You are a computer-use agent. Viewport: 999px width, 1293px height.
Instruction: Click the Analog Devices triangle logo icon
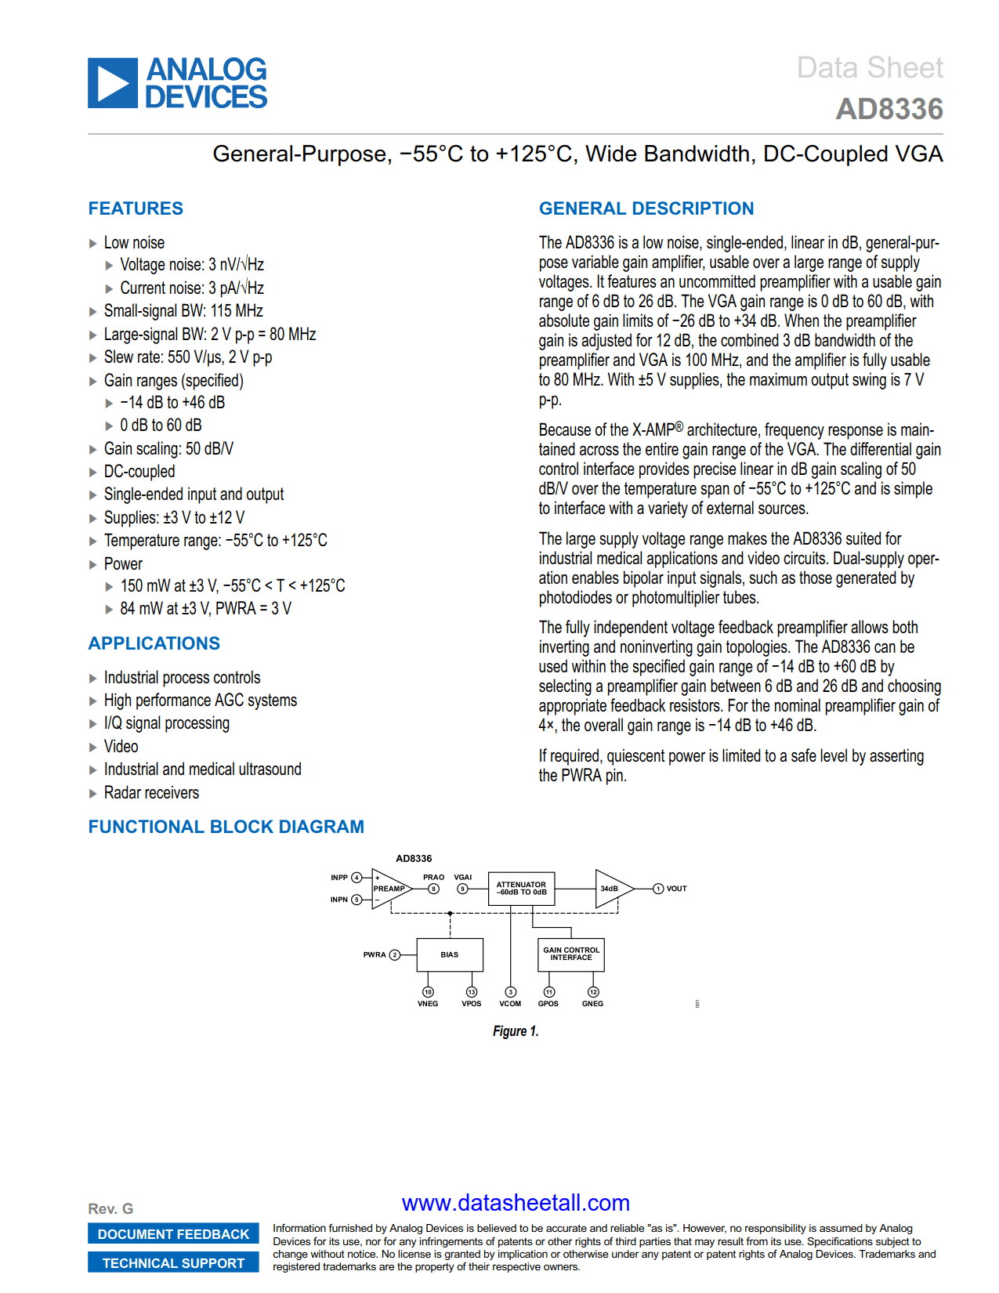pos(113,83)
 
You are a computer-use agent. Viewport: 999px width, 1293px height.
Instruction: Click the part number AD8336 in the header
pos(889,109)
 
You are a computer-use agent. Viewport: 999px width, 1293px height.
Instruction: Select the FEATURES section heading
pos(136,208)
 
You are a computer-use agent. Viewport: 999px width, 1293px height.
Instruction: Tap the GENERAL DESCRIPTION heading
pos(646,208)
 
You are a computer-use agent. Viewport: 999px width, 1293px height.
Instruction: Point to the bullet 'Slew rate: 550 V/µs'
pos(188,357)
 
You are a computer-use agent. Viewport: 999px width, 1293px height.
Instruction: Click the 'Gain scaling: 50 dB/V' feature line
pos(168,449)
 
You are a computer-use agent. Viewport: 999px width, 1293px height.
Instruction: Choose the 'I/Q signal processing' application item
pos(167,723)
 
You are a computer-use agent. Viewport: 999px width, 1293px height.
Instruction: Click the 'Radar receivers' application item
pos(151,793)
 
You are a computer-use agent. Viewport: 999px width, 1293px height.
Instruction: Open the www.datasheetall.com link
pos(516,1203)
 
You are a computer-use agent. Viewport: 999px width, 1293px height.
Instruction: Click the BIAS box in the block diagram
pos(450,954)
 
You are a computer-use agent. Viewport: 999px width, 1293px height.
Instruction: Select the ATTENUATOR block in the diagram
pos(521,889)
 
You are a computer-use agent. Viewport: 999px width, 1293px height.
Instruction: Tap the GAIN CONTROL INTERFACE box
pos(571,954)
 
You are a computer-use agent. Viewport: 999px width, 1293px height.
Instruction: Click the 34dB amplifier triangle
pos(610,889)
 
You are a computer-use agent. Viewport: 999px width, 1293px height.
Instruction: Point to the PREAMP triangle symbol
pos(389,889)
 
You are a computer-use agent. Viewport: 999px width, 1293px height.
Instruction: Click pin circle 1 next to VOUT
pos(658,889)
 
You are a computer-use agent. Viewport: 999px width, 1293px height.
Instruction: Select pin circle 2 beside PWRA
pos(395,954)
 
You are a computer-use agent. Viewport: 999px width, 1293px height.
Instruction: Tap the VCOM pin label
pos(510,1004)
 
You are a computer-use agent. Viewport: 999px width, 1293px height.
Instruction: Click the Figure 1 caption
pos(516,1031)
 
